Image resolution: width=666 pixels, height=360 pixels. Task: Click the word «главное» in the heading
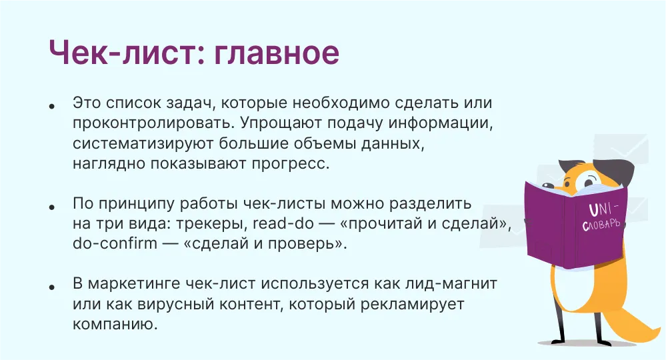click(276, 53)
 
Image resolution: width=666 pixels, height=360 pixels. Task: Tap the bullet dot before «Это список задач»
click(52, 106)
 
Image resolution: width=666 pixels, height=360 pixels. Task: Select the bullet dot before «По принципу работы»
click(52, 207)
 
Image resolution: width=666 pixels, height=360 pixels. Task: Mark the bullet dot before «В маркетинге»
click(52, 287)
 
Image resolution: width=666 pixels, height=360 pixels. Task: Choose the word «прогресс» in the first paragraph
click(291, 164)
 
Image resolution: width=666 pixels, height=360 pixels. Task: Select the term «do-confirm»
click(115, 243)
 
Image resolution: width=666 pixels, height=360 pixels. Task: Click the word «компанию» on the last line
click(115, 325)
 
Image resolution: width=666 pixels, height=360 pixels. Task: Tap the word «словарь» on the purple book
click(601, 224)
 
